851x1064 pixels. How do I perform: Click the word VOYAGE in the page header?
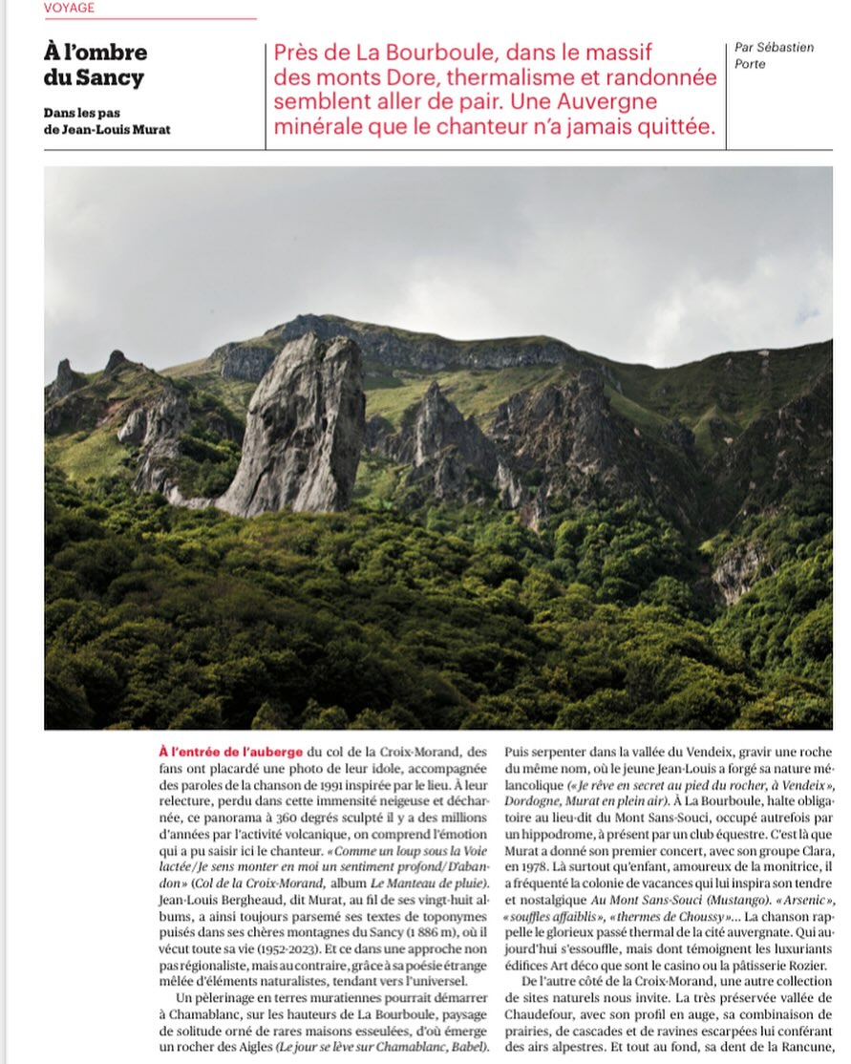[x=69, y=8]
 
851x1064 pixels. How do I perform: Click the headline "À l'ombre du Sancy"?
[x=96, y=64]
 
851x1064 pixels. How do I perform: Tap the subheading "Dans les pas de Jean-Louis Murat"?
[x=106, y=121]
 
